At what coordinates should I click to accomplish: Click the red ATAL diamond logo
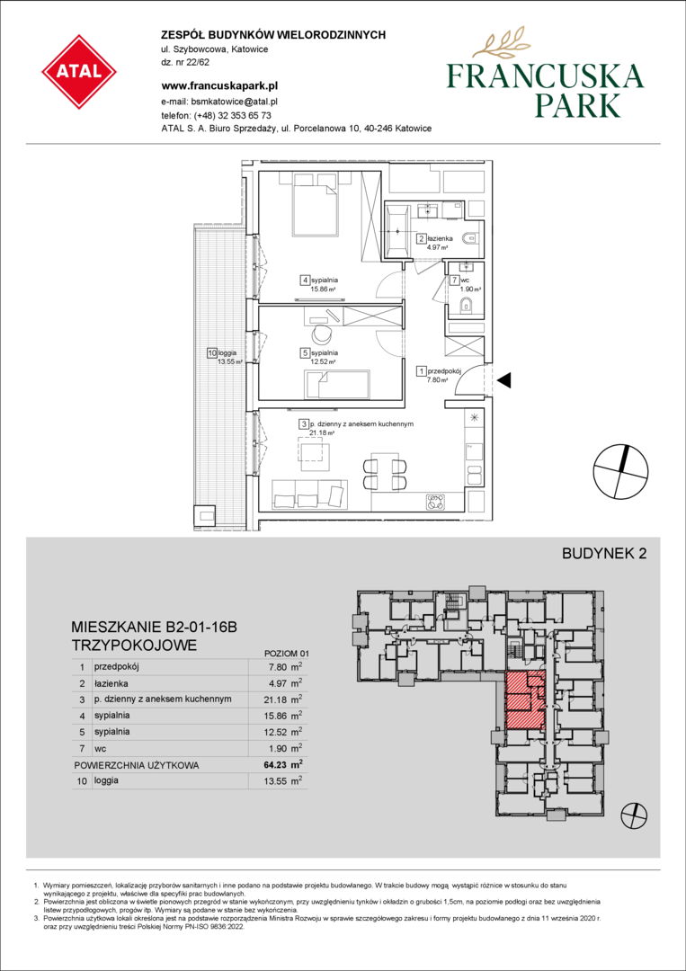point(79,72)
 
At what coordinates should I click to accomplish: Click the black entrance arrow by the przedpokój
point(505,381)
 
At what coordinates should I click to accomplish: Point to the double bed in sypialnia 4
point(307,203)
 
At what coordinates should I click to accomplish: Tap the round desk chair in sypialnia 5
point(322,334)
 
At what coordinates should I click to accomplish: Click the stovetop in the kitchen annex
point(434,503)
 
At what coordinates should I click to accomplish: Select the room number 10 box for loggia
point(212,353)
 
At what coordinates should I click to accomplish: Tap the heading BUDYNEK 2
point(603,554)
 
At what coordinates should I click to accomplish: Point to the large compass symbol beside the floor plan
point(621,472)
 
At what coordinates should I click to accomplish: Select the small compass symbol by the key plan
point(636,815)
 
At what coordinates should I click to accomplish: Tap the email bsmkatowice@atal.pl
point(234,100)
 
